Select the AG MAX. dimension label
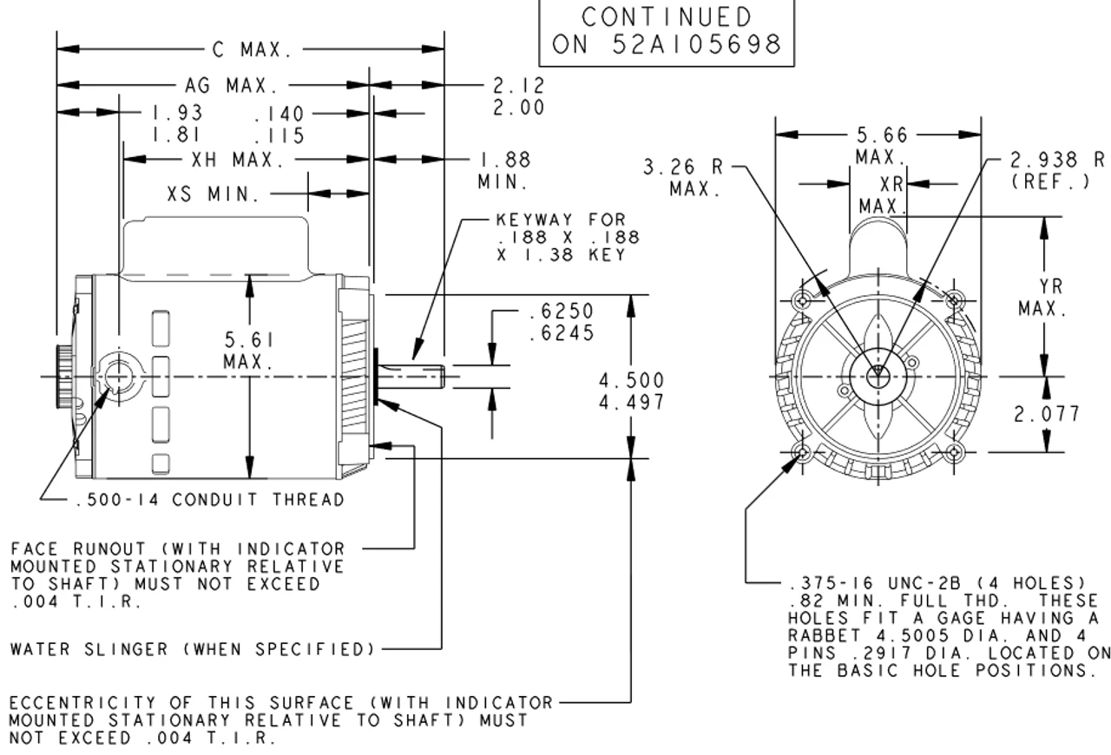tap(231, 86)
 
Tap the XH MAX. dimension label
tap(237, 160)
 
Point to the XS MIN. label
tap(214, 194)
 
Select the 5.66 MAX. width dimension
tap(881, 145)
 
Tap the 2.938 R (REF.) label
tap(1056, 170)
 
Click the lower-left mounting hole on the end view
tap(801, 452)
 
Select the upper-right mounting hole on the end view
tap(954, 300)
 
